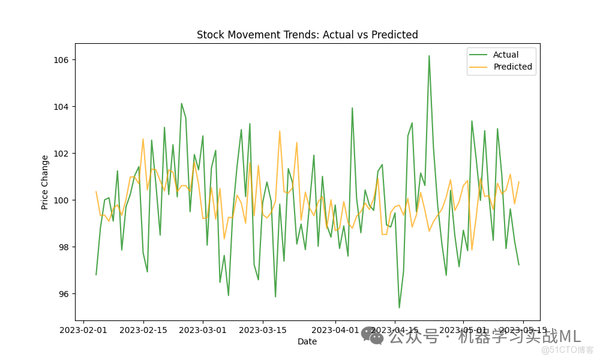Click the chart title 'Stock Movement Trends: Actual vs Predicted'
pos(307,35)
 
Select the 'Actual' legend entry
pos(506,55)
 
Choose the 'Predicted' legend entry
pos(512,67)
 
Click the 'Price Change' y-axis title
pos(45,182)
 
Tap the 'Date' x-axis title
pos(307,342)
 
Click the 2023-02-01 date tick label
pos(83,330)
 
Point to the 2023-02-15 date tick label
pos(143,330)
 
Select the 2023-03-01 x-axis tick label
pos(203,330)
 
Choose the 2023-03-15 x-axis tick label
pos(263,330)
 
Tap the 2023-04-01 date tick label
pos(335,330)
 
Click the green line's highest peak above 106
pos(429,56)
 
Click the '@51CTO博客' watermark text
pos(567,350)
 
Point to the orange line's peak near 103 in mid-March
pos(280,131)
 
